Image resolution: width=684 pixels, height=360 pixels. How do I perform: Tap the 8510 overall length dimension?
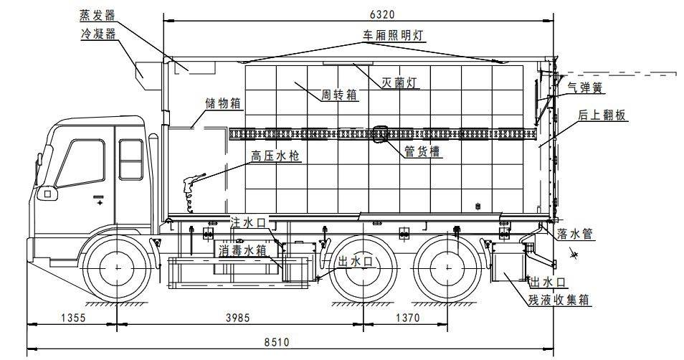(277, 342)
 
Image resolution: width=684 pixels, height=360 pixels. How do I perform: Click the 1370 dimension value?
(406, 317)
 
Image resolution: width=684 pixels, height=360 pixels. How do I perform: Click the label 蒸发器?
(98, 15)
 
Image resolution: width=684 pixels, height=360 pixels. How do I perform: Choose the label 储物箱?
(224, 103)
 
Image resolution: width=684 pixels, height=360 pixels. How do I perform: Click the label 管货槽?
(422, 151)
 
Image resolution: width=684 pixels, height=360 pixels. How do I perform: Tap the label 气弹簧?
(585, 87)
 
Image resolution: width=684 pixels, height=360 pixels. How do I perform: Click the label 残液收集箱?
(560, 300)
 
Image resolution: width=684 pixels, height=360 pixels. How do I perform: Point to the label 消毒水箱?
(243, 250)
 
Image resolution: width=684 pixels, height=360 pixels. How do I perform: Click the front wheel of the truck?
(115, 267)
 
